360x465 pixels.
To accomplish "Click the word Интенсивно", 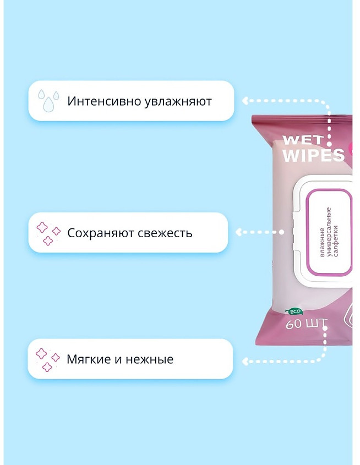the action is coord(104,101).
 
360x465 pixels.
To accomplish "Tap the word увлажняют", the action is coord(178,102).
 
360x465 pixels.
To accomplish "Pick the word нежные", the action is coord(150,359).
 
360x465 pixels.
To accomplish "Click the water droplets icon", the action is coord(48,100).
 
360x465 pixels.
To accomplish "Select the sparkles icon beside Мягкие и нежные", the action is coord(48,360).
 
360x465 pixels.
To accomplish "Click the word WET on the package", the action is coord(303,140).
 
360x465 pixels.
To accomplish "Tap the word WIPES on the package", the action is coord(314,155).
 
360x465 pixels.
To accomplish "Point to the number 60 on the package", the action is coord(294,324).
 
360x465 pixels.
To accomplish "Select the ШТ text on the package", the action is coord(317,323).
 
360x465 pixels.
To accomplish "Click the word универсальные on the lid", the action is coord(329,232).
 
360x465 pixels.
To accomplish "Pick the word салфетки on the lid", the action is coord(336,241).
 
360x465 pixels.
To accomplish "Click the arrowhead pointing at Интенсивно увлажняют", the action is coord(245,101).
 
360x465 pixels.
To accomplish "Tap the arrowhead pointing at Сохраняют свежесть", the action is coord(239,232).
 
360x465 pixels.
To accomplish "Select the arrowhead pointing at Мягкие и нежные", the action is coord(245,361).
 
